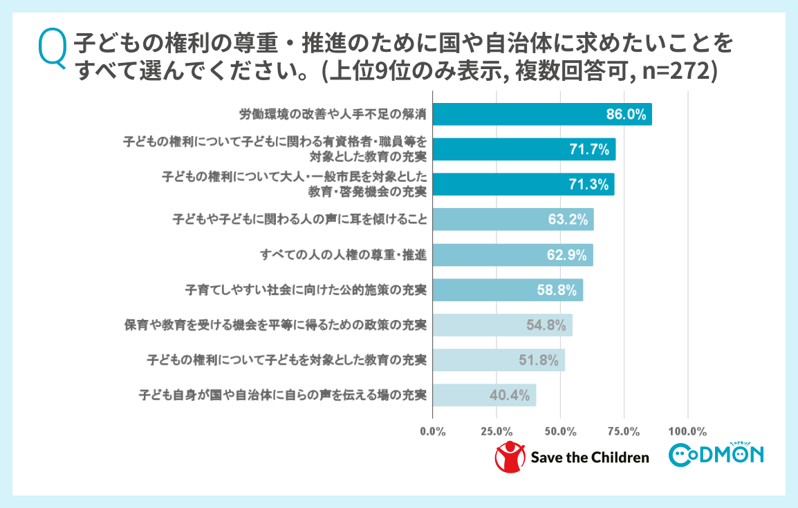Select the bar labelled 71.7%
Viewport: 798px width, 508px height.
(523, 149)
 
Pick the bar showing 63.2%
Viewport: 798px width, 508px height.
(512, 220)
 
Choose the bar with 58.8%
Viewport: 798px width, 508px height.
(507, 290)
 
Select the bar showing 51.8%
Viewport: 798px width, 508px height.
(498, 360)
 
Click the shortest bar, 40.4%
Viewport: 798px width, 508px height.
(484, 395)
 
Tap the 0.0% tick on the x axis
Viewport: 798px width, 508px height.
(433, 432)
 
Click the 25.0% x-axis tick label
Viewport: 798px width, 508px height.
(497, 432)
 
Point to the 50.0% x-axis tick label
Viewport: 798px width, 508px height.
(560, 432)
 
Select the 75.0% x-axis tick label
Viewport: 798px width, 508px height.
(624, 432)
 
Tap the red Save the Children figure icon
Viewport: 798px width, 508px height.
(509, 457)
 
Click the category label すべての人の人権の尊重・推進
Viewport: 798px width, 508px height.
(343, 255)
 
